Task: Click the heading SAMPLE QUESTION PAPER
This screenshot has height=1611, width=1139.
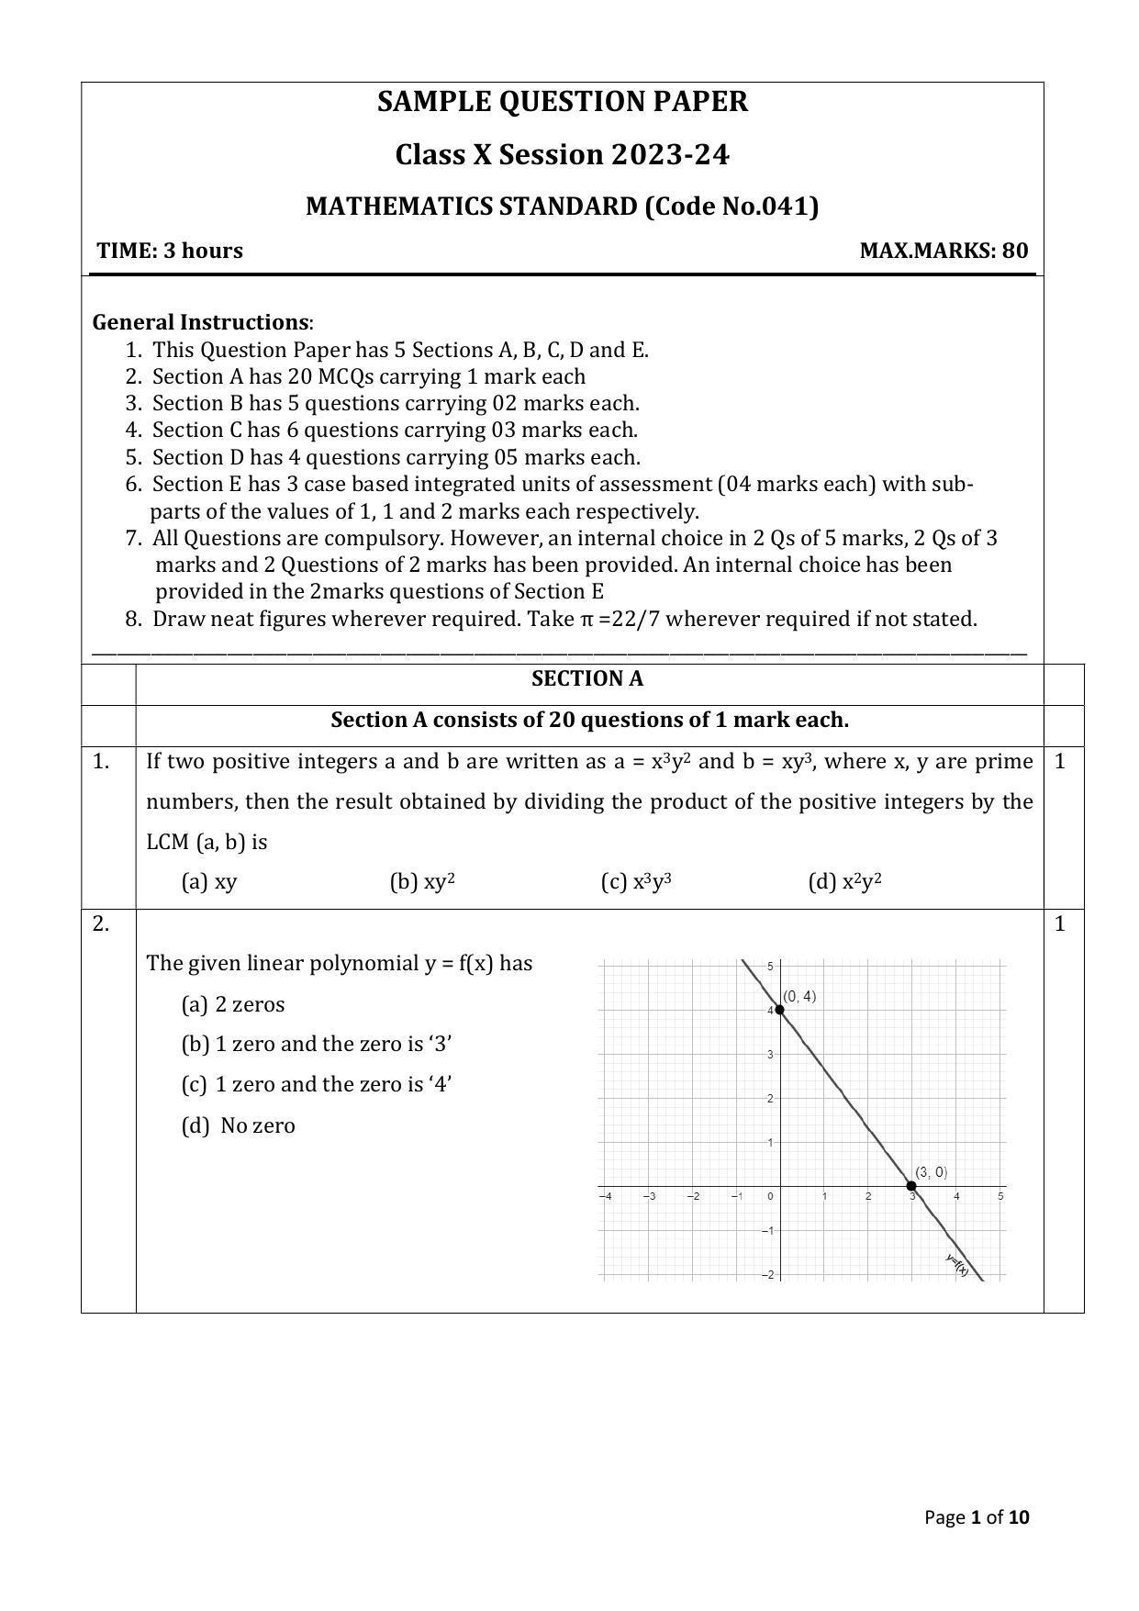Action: tap(562, 102)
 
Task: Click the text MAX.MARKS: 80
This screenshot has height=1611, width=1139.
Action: tap(944, 251)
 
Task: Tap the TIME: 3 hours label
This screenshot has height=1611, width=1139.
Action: tap(170, 251)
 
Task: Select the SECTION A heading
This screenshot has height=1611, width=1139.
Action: tap(587, 679)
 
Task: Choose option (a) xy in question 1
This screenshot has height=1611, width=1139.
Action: tap(209, 882)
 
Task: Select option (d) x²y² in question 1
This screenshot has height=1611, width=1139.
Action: tap(844, 882)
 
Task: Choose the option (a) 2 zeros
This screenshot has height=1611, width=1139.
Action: tap(233, 1004)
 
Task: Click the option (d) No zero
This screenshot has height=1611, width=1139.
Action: tap(239, 1125)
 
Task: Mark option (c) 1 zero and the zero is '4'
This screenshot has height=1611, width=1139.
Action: tap(317, 1084)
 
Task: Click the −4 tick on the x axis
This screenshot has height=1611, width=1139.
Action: tap(605, 1196)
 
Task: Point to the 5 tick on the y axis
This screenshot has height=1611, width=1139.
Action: tap(771, 966)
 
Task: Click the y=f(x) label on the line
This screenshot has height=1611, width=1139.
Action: tap(957, 1264)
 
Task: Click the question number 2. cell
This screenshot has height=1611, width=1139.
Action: tap(101, 924)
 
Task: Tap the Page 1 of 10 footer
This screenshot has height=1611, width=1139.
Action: tap(977, 1517)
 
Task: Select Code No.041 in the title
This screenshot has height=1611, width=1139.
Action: tap(731, 207)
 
